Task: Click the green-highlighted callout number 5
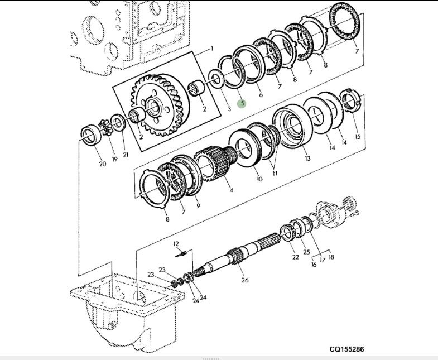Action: click(x=242, y=103)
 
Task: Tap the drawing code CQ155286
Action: click(x=346, y=349)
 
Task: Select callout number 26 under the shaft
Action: click(x=245, y=280)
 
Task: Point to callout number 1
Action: click(x=211, y=49)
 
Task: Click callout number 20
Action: click(x=103, y=164)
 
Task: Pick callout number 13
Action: click(x=307, y=159)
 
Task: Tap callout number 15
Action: click(x=358, y=137)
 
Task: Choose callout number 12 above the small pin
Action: click(x=176, y=244)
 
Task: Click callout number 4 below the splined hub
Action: click(x=232, y=190)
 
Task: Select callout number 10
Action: click(x=259, y=179)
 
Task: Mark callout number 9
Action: click(x=198, y=206)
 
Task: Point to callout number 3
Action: click(x=229, y=109)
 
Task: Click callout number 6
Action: click(x=261, y=95)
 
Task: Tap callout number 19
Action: click(x=114, y=159)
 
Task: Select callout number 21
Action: click(x=126, y=155)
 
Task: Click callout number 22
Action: click(x=296, y=257)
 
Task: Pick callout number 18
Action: click(x=331, y=257)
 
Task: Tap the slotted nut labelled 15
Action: click(x=349, y=100)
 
